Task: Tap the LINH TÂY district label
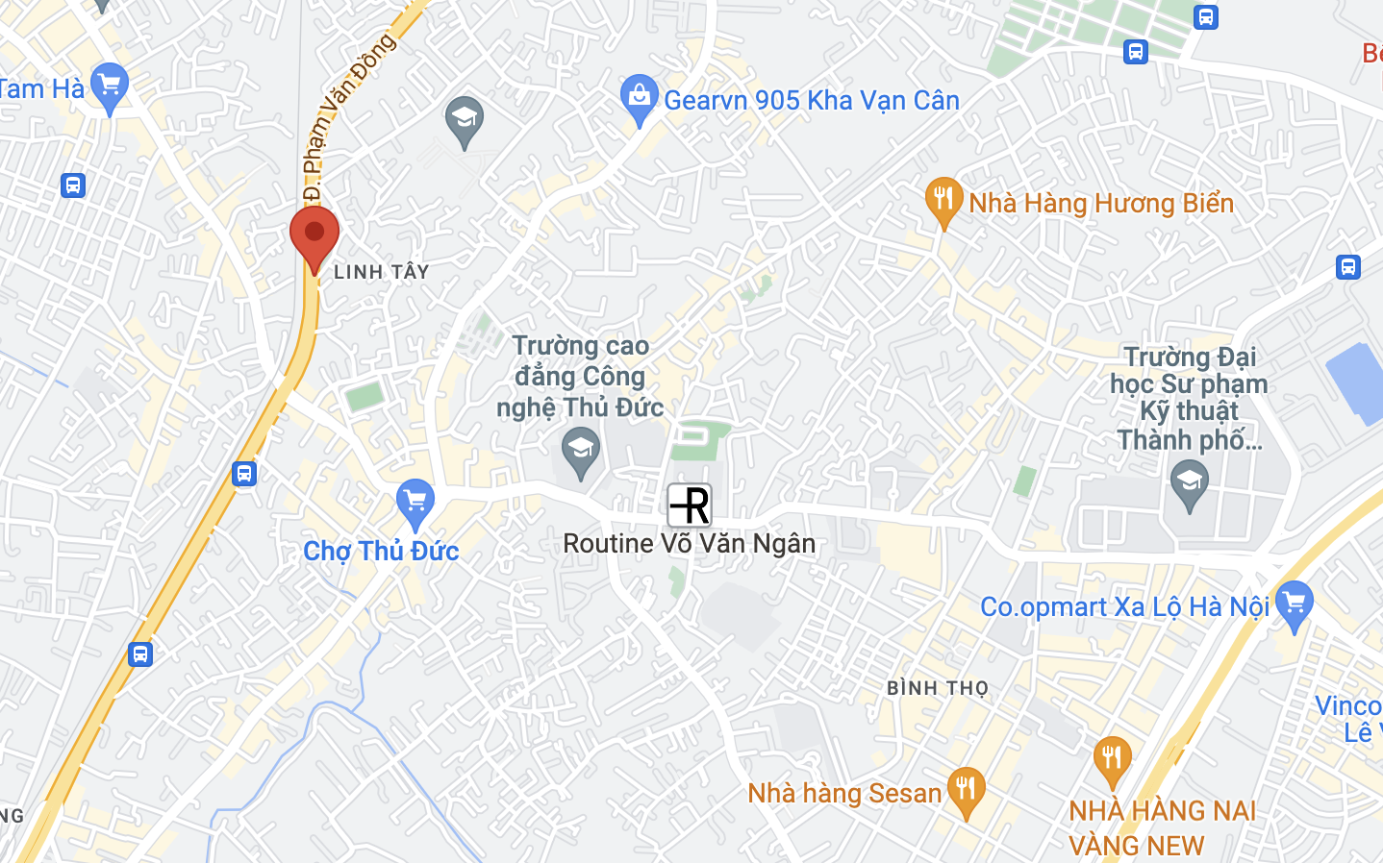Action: (381, 272)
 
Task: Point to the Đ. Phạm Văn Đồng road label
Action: (346, 115)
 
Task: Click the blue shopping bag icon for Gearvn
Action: (640, 99)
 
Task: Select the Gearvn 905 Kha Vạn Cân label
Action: (811, 100)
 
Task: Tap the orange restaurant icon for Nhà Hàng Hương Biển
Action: (943, 201)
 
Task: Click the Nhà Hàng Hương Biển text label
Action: (1100, 204)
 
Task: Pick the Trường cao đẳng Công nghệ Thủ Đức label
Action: (580, 377)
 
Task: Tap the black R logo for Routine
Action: (690, 505)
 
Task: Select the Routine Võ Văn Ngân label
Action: (689, 543)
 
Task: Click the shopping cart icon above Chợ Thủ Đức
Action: (415, 503)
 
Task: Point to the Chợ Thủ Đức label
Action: (381, 551)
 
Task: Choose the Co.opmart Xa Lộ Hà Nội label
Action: (1124, 606)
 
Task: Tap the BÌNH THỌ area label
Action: (938, 688)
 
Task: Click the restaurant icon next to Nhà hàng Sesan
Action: (967, 791)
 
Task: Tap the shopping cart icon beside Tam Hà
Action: (110, 86)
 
